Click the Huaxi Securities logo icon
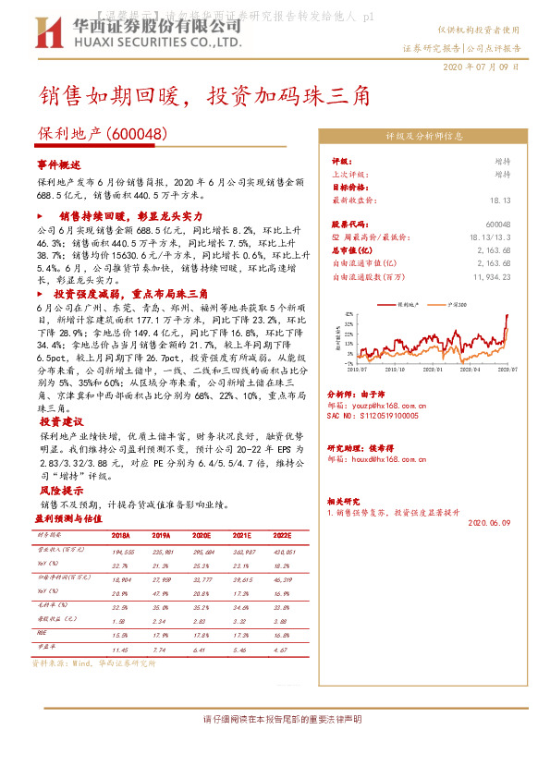coord(48,32)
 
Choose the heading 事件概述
coord(59,164)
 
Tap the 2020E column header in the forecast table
coord(202,535)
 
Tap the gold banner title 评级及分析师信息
coord(423,136)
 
